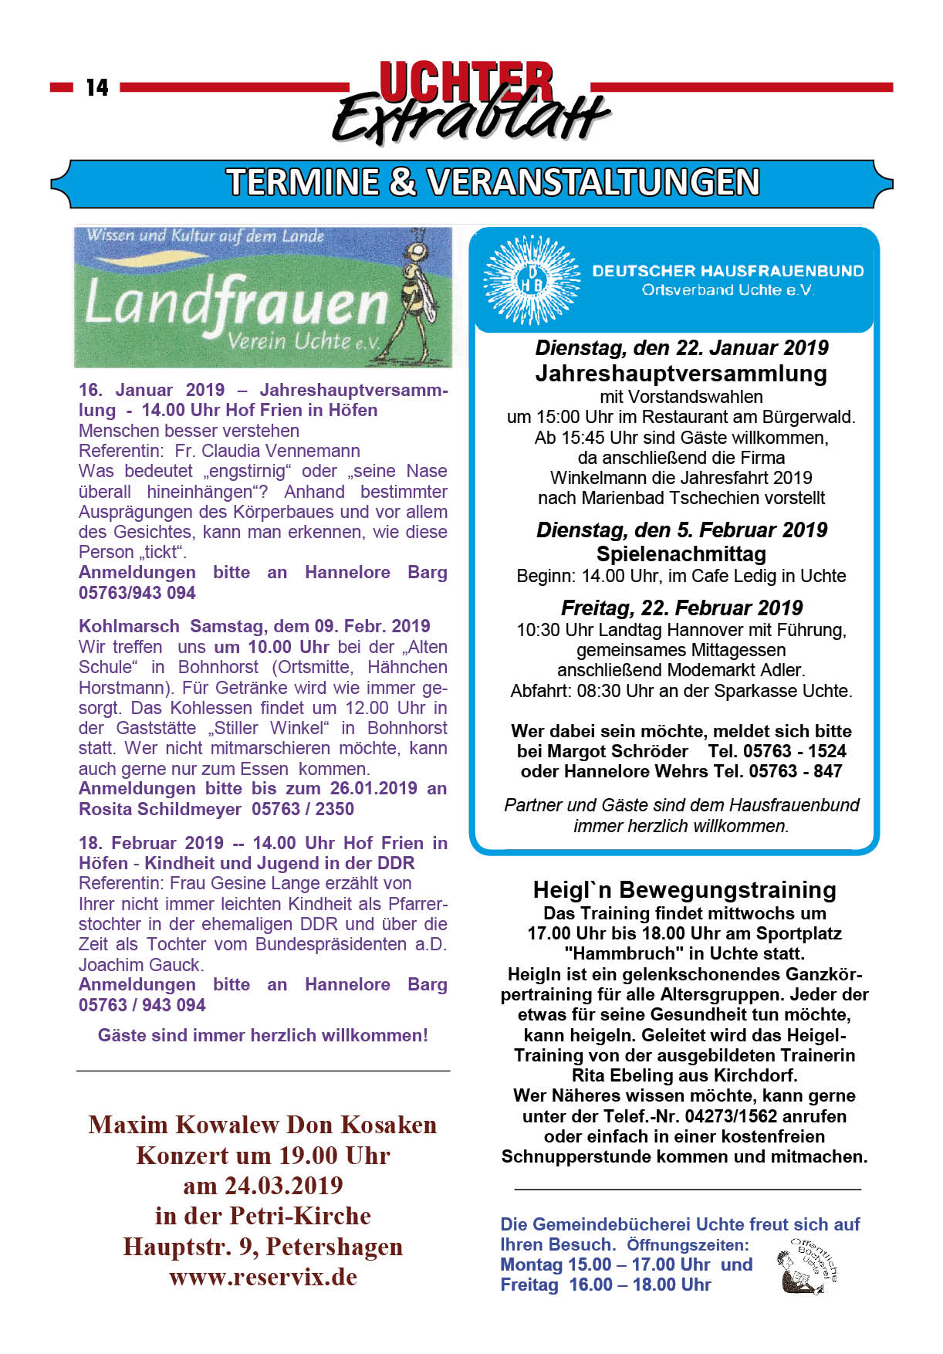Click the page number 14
[97, 87]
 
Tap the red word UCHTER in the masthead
[466, 82]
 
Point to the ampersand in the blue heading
[402, 183]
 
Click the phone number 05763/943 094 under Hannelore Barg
[137, 593]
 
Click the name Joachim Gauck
[140, 965]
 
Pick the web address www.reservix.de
[263, 1277]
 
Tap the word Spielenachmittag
[681, 553]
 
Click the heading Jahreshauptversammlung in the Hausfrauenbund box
[681, 374]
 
